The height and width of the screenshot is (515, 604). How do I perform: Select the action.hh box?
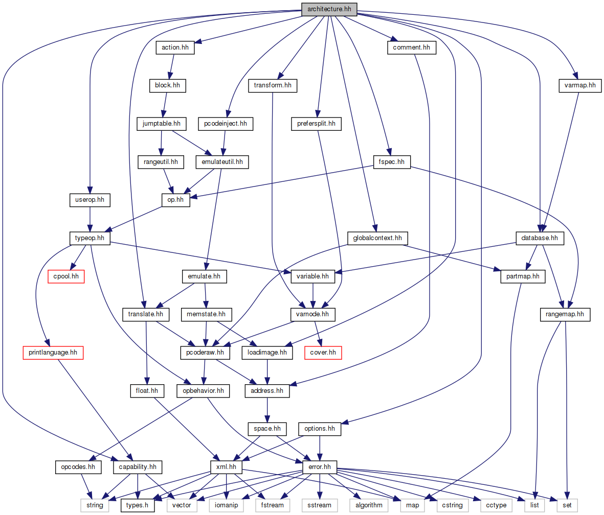pos(175,48)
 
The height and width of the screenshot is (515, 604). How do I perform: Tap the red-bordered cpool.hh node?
pos(66,277)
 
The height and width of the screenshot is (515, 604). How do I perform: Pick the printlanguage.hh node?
pos(53,352)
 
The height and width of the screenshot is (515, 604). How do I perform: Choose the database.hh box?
pos(540,238)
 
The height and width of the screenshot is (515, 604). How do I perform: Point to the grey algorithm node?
pos(368,505)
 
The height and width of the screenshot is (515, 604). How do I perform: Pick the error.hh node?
pos(320,466)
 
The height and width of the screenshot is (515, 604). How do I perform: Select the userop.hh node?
pos(90,200)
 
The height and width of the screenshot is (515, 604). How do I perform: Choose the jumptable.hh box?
pos(161,124)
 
